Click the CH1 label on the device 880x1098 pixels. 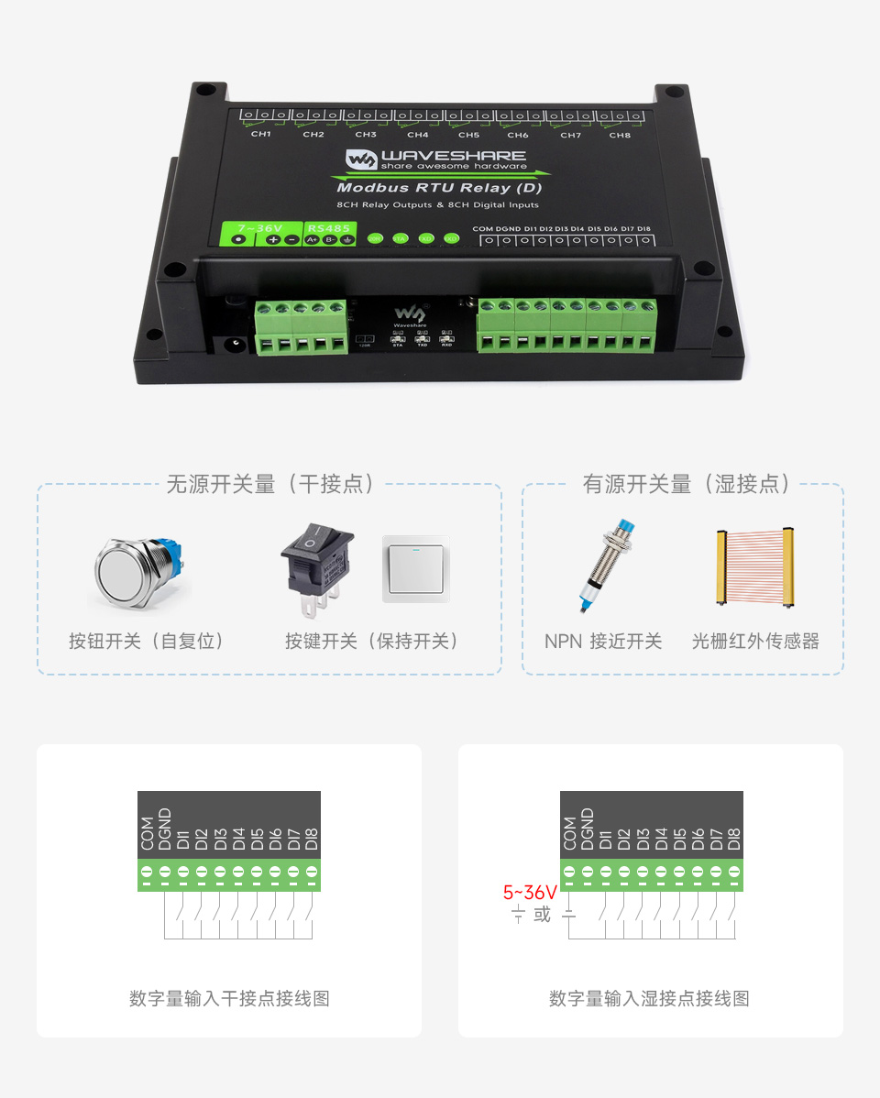(x=261, y=134)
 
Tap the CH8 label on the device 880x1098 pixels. (x=620, y=135)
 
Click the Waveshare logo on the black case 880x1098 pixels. (x=435, y=159)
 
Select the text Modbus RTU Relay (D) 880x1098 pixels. (x=439, y=188)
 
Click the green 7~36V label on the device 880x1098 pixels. (x=260, y=226)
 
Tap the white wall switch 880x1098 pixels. (x=417, y=568)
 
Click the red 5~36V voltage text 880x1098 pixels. (x=530, y=892)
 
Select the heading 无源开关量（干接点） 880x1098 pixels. (x=269, y=484)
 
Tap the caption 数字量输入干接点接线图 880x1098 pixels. (x=229, y=998)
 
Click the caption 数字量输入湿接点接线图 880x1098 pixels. (x=649, y=998)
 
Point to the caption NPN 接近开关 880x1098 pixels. (x=603, y=642)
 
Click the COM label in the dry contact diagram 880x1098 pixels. (x=148, y=832)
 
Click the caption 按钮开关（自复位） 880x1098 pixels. (x=147, y=642)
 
